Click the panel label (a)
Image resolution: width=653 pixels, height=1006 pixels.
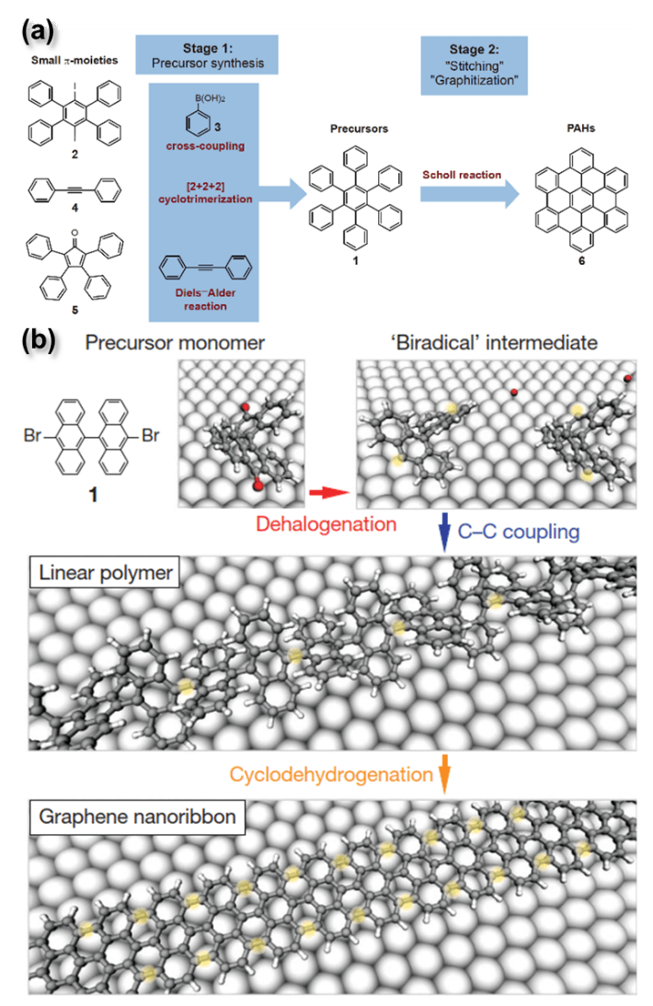(x=37, y=34)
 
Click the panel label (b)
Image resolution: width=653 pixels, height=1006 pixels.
(x=38, y=341)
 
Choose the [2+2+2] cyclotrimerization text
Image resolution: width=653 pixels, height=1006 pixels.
(x=206, y=192)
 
